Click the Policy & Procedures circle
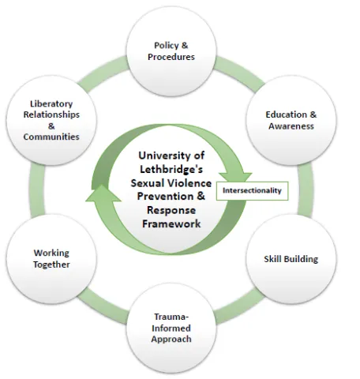pyautogui.click(x=171, y=51)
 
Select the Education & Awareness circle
pyautogui.click(x=291, y=120)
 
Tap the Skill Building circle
pyautogui.click(x=291, y=259)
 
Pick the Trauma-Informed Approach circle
pyautogui.click(x=171, y=328)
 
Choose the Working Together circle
pyautogui.click(x=51, y=259)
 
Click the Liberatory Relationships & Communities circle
pyautogui.click(x=51, y=120)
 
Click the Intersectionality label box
pyautogui.click(x=252, y=190)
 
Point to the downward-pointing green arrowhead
pyautogui.click(x=235, y=177)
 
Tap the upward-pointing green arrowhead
pyautogui.click(x=103, y=193)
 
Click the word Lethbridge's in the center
pyautogui.click(x=171, y=169)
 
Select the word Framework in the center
pyautogui.click(x=171, y=223)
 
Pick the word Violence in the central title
pyautogui.click(x=192, y=183)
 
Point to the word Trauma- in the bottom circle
pyautogui.click(x=171, y=317)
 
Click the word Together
pyautogui.click(x=51, y=265)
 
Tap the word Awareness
pyautogui.click(x=291, y=126)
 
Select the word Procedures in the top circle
pyautogui.click(x=171, y=57)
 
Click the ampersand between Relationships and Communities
pyautogui.click(x=51, y=126)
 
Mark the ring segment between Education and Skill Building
pyautogui.click(x=306, y=189)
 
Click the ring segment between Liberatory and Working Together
pyautogui.click(x=37, y=189)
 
